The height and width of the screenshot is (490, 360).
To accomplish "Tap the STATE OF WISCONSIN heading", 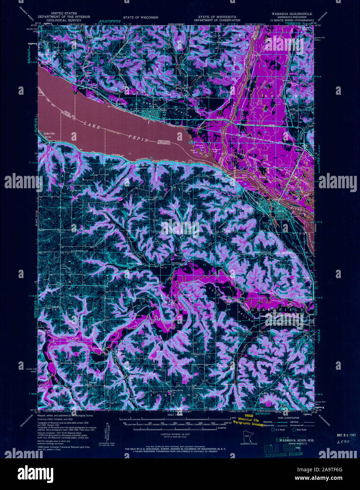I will pos(141,17).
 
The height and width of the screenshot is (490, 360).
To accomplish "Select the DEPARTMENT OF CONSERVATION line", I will pos(219,20).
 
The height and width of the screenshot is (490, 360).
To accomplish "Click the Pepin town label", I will pos(163,109).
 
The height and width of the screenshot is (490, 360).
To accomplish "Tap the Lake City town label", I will pos(49,134).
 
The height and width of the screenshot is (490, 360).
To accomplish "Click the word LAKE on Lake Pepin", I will pos(90,123).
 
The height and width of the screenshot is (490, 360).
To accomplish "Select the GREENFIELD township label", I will pos(277,310).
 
